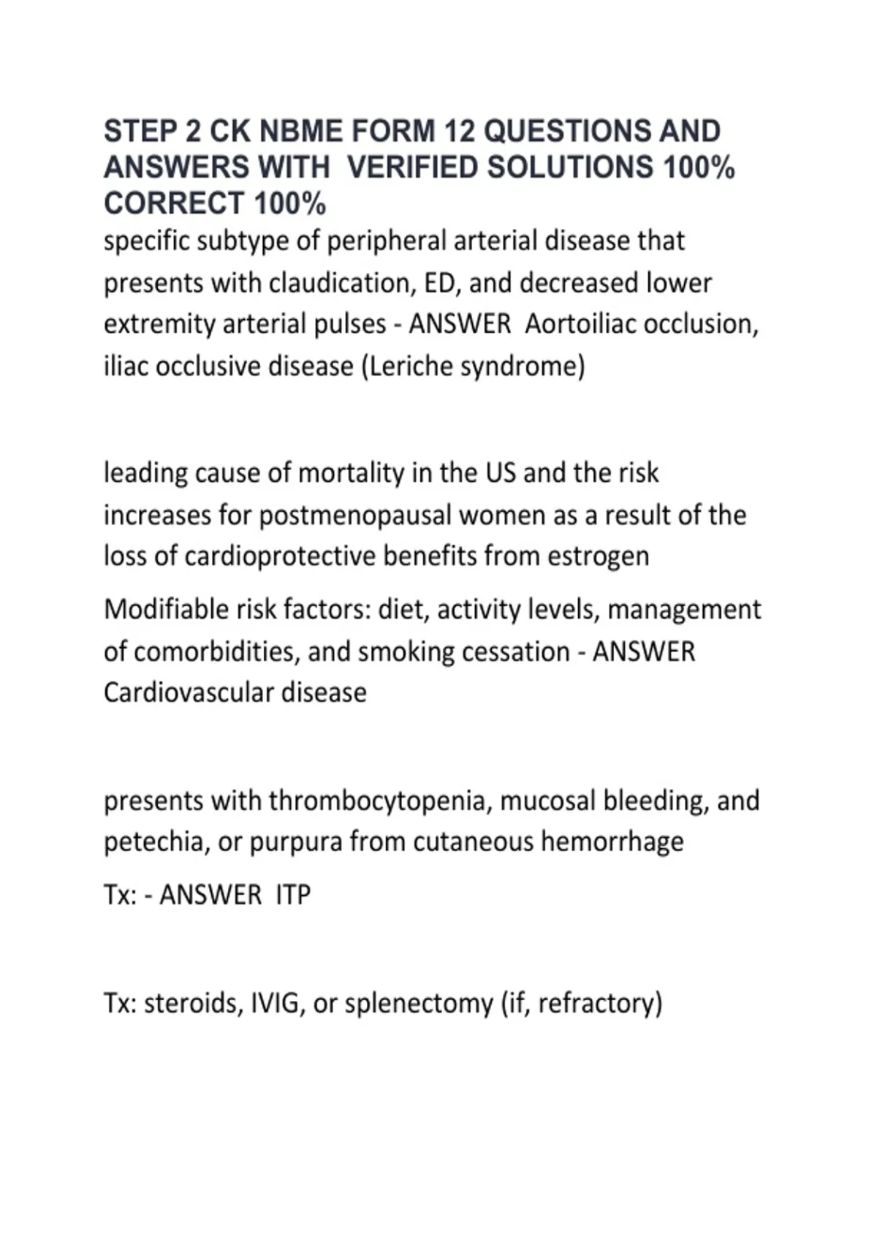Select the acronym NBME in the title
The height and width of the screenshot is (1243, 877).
[x=301, y=132]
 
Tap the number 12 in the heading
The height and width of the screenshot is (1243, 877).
[x=459, y=132]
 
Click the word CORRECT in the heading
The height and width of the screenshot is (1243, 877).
[x=174, y=203]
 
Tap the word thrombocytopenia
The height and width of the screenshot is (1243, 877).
[x=377, y=801]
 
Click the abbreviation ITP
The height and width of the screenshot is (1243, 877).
[x=293, y=895]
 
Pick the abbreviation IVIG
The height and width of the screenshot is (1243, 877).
[x=276, y=1003]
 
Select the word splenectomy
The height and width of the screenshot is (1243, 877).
[x=419, y=1003]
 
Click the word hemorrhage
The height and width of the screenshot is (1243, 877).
[x=612, y=842]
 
